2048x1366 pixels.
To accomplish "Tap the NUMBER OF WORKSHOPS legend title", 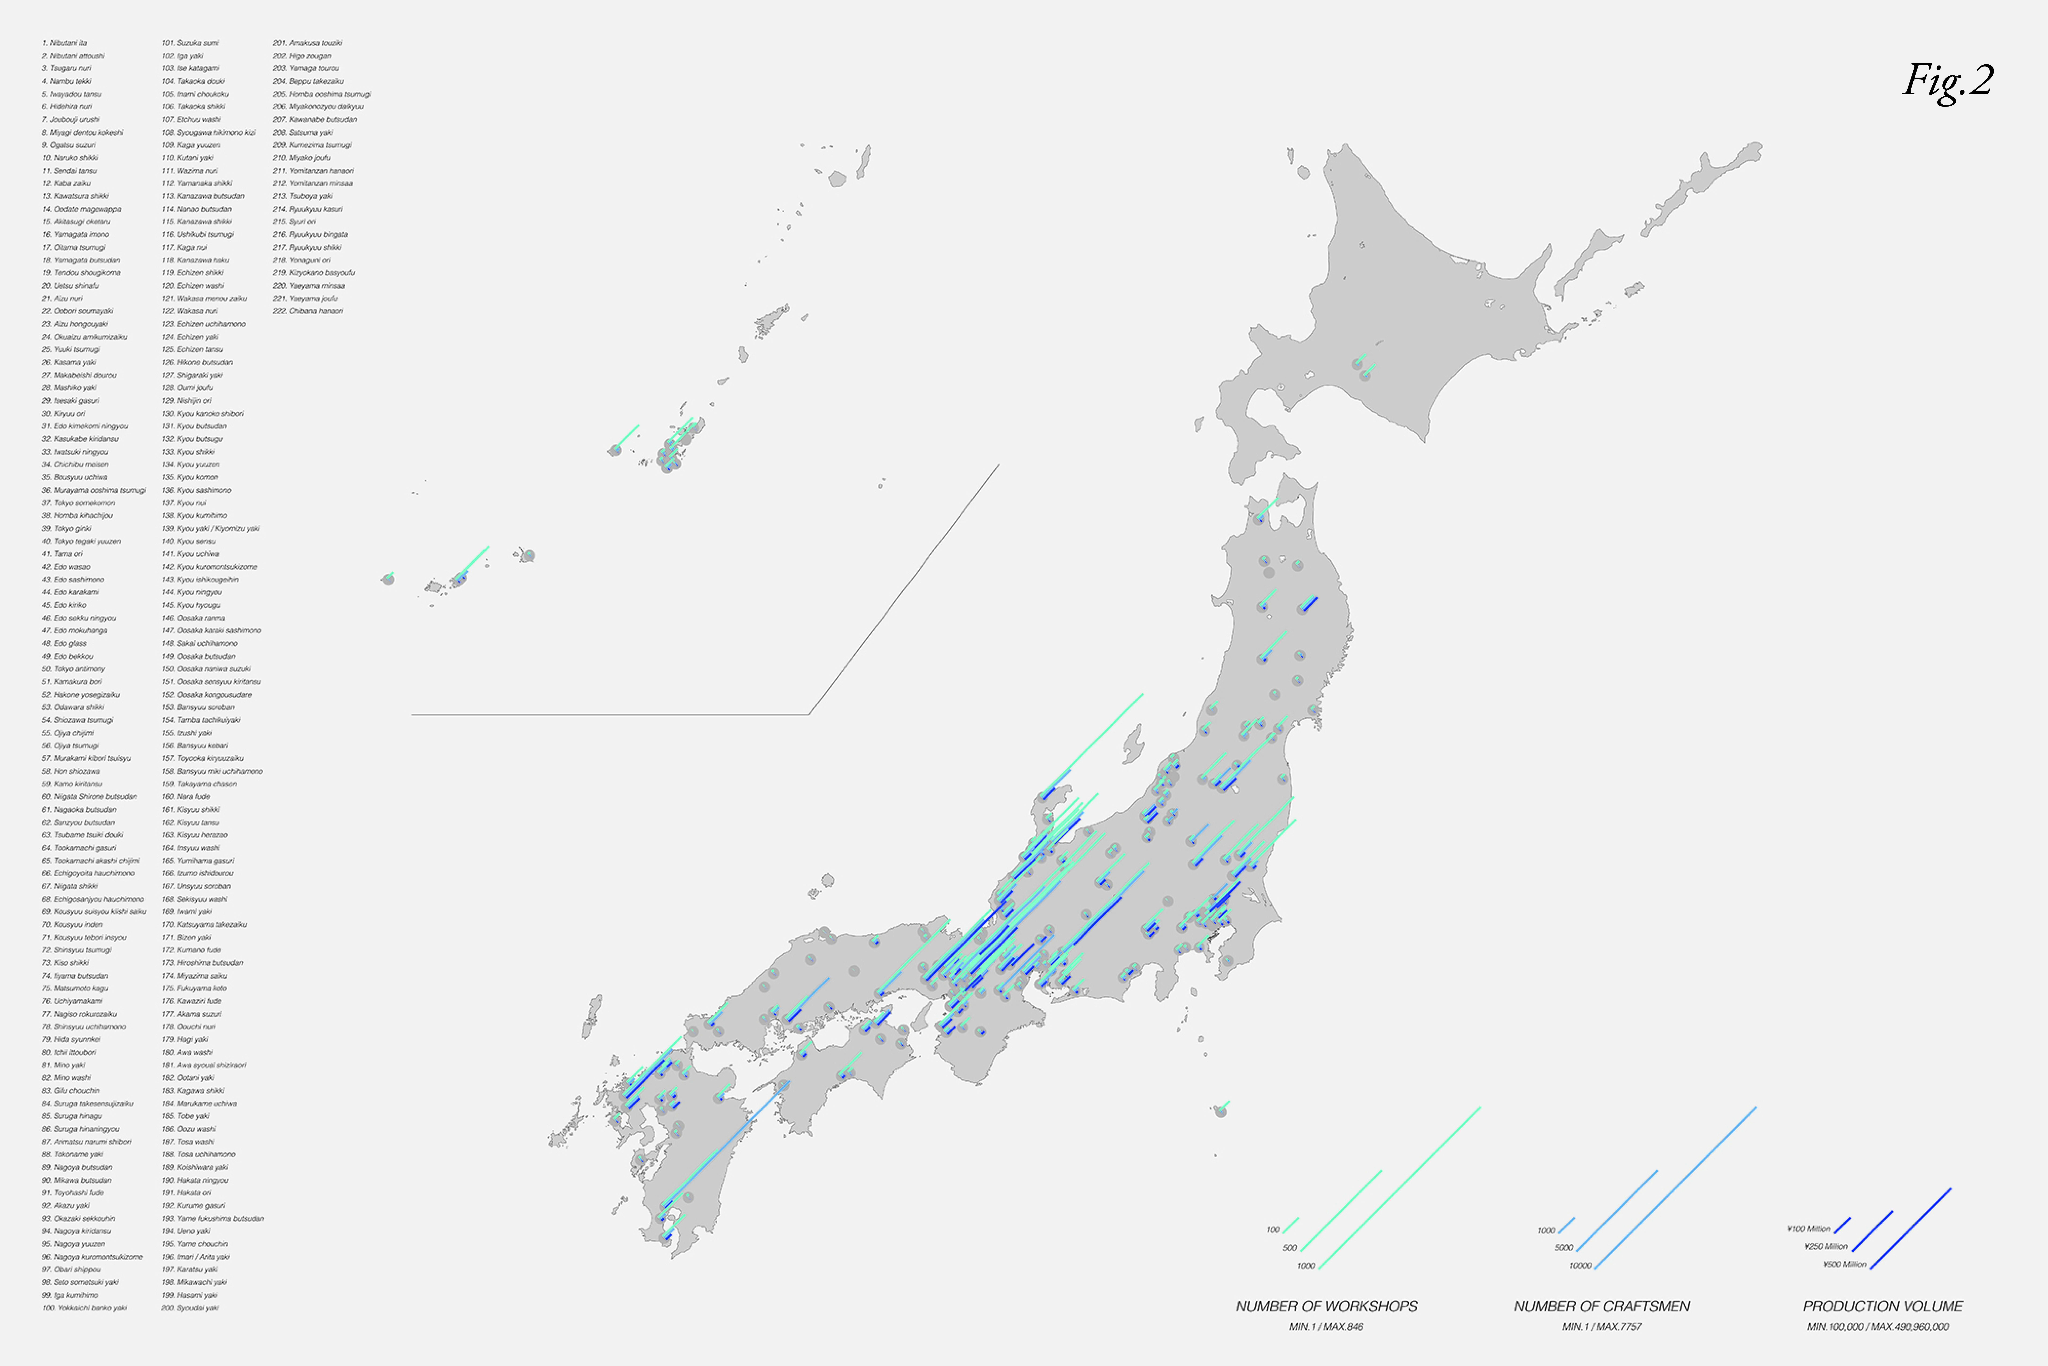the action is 1326,1306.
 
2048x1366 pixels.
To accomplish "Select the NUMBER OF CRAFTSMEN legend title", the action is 1601,1306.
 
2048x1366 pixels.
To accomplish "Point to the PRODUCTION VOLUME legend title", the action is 1883,1306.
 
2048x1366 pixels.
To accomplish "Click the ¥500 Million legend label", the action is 1844,1264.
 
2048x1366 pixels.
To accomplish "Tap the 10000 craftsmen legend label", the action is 1580,1266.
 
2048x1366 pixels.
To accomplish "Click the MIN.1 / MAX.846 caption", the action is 1326,1327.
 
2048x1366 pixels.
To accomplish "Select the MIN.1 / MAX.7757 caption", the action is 1601,1327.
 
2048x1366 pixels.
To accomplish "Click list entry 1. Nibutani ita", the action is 64,43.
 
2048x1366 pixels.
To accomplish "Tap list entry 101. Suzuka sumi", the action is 190,43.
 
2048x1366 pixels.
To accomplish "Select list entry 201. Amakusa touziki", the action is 307,43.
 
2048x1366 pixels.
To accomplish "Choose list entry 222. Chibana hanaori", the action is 308,311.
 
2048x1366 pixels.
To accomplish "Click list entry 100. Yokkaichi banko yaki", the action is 84,1308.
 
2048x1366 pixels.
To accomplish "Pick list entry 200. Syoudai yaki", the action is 190,1308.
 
